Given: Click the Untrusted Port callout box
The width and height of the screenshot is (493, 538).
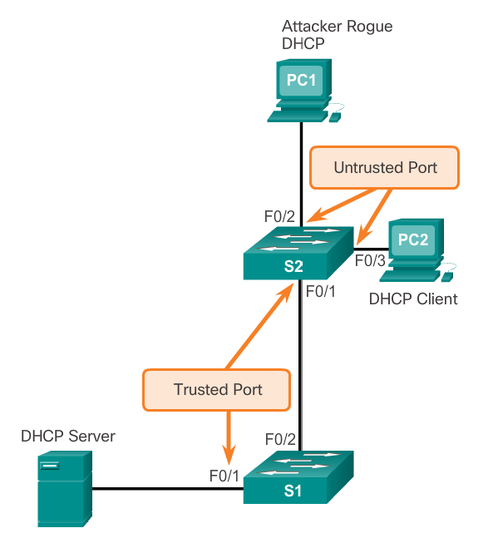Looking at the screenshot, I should (385, 167).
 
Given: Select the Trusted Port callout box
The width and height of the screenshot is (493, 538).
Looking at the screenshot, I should (218, 389).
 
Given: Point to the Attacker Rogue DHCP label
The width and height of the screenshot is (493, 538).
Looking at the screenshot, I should (337, 35).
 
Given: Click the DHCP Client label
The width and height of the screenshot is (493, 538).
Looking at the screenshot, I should (413, 299).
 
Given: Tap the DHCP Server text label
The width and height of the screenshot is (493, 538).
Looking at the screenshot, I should (68, 436).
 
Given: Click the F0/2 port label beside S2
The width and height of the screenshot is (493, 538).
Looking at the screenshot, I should (279, 216).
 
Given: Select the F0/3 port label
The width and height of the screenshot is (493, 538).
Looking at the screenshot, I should (370, 260).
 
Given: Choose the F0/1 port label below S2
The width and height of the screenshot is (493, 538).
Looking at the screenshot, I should (321, 291).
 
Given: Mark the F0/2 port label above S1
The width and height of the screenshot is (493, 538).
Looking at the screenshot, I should (280, 438).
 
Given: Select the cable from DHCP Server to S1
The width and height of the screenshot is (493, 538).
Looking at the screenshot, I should (166, 489).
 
